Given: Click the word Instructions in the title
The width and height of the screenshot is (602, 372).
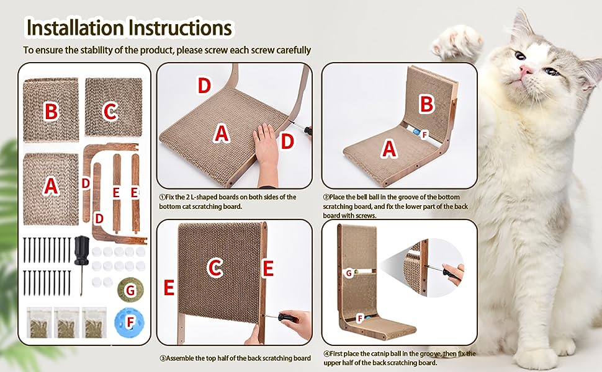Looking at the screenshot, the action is [180, 28].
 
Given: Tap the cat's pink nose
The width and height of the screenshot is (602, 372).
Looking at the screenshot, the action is [526, 69].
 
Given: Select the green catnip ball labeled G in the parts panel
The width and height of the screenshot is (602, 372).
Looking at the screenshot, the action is [130, 290].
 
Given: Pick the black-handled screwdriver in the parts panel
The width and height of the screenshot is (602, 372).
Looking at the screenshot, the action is [82, 265].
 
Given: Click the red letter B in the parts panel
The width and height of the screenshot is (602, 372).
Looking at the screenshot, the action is [51, 111].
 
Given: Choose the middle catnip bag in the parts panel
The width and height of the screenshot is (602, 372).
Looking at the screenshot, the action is [67, 322].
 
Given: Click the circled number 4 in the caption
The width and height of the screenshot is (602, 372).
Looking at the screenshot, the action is [326, 354].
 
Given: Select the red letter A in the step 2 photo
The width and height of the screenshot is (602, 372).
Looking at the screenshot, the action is [389, 148].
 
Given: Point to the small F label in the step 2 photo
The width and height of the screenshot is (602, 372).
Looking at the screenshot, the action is [425, 135].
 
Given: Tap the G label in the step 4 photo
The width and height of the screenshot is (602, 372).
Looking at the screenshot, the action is [349, 273].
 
